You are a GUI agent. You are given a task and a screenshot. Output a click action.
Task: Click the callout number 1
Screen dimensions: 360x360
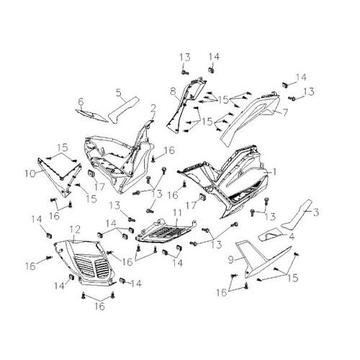(274, 171)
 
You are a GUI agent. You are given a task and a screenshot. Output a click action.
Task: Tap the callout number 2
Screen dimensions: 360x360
(153, 109)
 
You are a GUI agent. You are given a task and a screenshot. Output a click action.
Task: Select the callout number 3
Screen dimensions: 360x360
(316, 212)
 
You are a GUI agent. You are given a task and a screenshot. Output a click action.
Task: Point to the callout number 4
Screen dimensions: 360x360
(292, 236)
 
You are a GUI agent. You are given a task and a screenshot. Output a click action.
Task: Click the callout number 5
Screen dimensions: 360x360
(119, 93)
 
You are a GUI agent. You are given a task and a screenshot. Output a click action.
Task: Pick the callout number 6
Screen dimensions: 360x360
(81, 102)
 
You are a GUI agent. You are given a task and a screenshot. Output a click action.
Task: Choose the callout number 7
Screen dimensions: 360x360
(285, 112)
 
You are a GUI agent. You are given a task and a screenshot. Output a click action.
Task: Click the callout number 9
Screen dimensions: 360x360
(231, 260)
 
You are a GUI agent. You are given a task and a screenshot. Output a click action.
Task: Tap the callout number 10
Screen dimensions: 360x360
(30, 174)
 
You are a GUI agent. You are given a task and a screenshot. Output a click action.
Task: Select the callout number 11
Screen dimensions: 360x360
(177, 212)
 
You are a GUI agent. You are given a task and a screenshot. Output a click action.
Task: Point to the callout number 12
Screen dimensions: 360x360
(75, 230)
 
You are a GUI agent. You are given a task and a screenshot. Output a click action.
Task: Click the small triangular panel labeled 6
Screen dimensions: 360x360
(92, 116)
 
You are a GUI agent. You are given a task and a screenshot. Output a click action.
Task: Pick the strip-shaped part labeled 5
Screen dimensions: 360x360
(124, 110)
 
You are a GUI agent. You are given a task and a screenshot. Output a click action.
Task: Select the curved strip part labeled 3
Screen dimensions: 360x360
(297, 215)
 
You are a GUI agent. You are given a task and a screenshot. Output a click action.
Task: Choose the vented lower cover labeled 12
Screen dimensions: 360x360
(84, 262)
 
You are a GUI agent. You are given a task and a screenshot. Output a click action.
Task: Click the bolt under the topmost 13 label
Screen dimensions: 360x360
(184, 71)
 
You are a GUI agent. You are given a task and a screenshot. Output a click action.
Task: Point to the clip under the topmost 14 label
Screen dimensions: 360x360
(212, 71)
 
